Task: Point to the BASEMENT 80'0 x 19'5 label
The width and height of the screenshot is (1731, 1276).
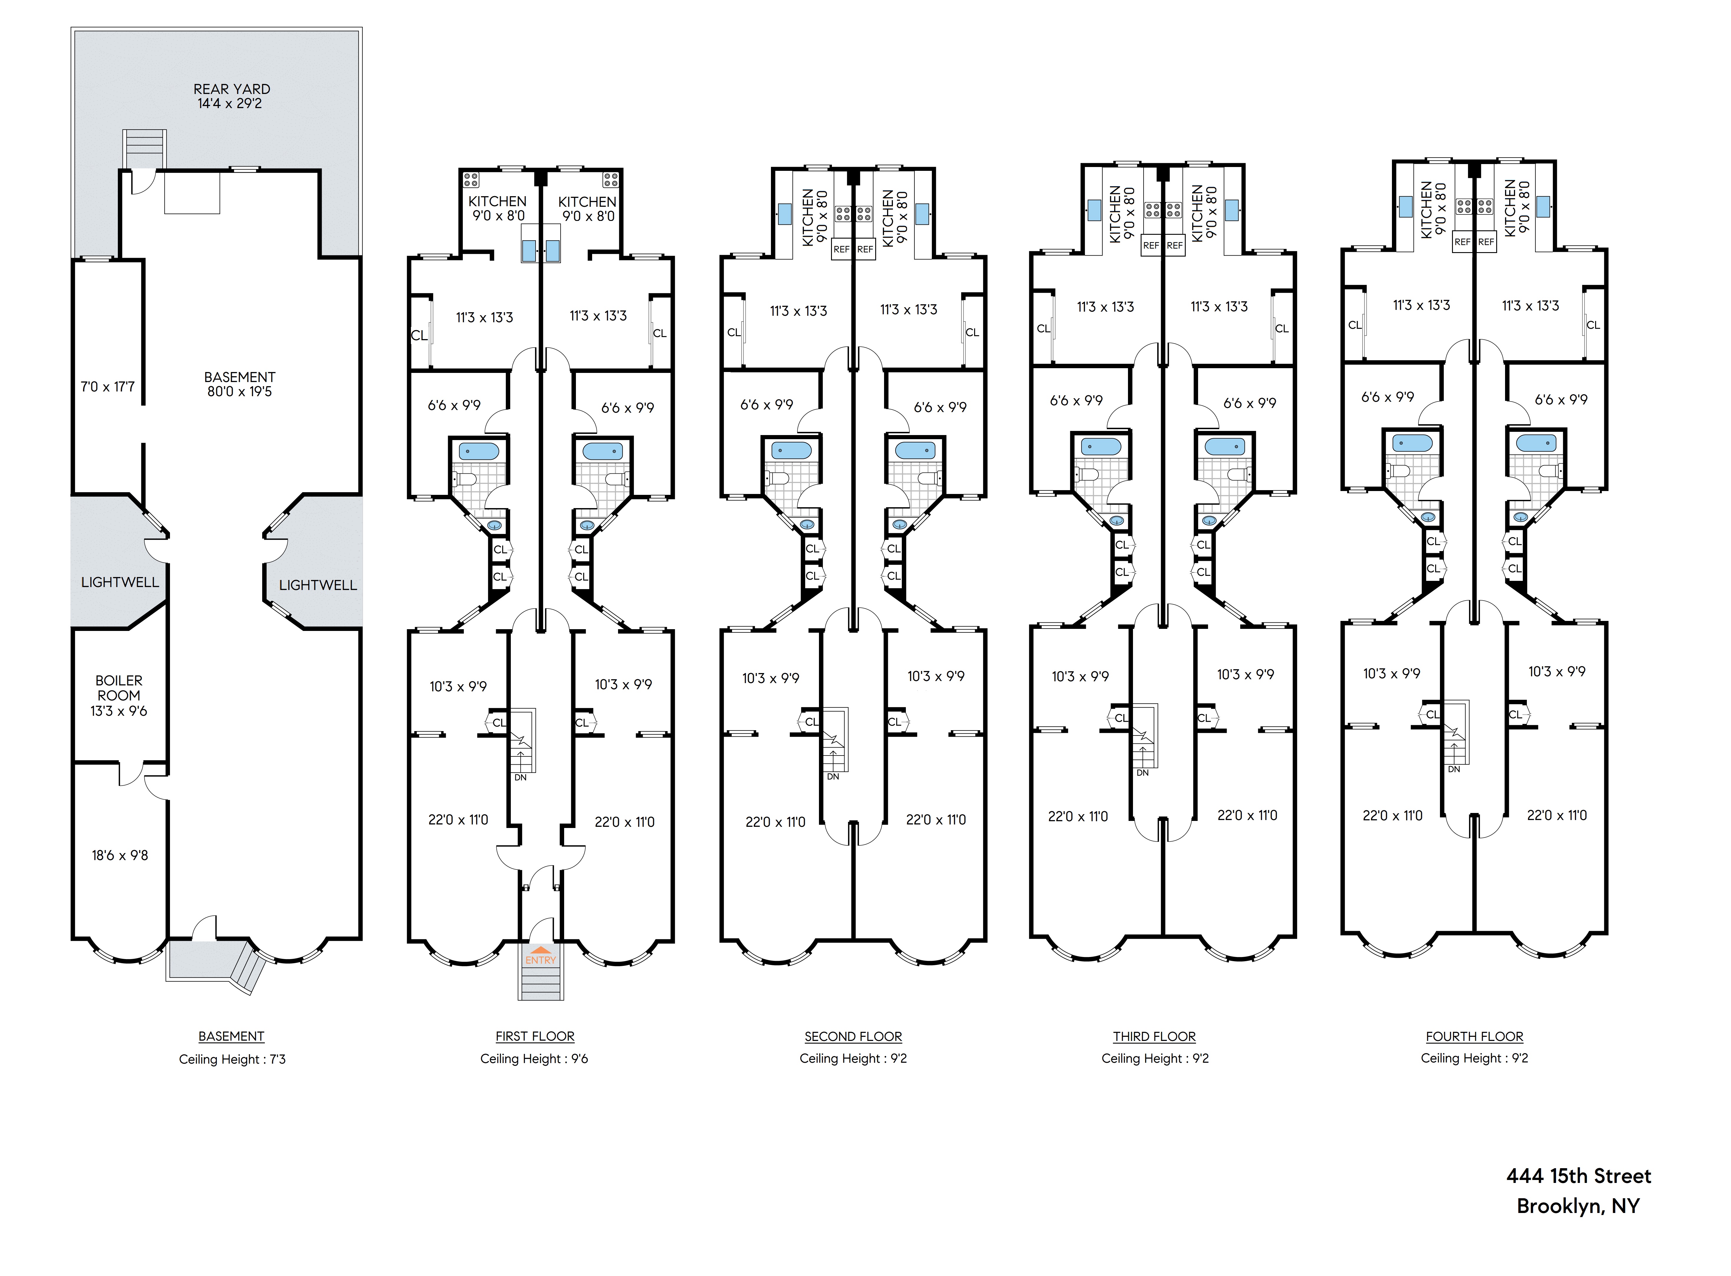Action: [x=240, y=384]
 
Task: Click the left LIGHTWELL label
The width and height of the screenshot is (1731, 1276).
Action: [x=120, y=582]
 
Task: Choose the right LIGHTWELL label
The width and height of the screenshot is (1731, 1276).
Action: [x=318, y=585]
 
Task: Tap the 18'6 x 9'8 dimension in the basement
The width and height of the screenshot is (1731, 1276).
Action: [x=120, y=855]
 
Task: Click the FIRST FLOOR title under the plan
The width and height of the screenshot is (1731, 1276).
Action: [x=534, y=1037]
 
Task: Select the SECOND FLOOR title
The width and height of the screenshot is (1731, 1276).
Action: [x=853, y=1037]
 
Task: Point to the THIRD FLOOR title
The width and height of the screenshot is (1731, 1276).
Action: [x=1154, y=1037]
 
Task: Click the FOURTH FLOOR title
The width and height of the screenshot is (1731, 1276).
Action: [x=1474, y=1037]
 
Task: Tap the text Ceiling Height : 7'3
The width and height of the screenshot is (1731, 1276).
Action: [x=232, y=1059]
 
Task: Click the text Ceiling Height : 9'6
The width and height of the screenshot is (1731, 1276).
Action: [x=534, y=1058]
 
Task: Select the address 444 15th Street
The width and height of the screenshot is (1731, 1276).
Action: [x=1578, y=1176]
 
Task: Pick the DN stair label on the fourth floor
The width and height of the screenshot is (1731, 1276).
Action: [x=1454, y=769]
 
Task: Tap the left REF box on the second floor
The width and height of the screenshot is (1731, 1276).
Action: [x=841, y=249]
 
